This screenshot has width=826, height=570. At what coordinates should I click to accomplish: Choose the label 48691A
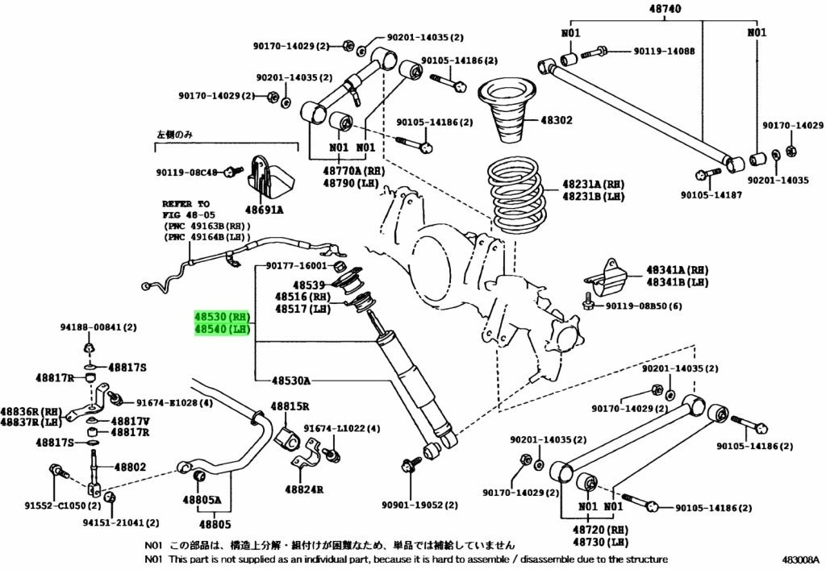pyautogui.click(x=263, y=209)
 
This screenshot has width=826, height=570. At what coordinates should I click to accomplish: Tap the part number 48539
pyautogui.click(x=308, y=285)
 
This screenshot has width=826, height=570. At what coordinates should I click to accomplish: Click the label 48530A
pyautogui.click(x=291, y=380)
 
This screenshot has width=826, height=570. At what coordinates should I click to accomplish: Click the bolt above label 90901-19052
pyautogui.click(x=407, y=465)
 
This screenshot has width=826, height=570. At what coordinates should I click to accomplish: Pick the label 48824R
pyautogui.click(x=303, y=489)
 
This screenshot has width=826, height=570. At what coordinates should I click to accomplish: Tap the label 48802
pyautogui.click(x=130, y=466)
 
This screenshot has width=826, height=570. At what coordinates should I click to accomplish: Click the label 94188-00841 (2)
pyautogui.click(x=98, y=327)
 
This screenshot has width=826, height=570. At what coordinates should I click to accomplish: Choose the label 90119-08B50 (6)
pyautogui.click(x=644, y=306)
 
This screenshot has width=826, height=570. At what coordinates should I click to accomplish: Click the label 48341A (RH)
pyautogui.click(x=676, y=271)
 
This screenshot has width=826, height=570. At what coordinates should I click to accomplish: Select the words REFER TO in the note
pyautogui.click(x=185, y=205)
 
